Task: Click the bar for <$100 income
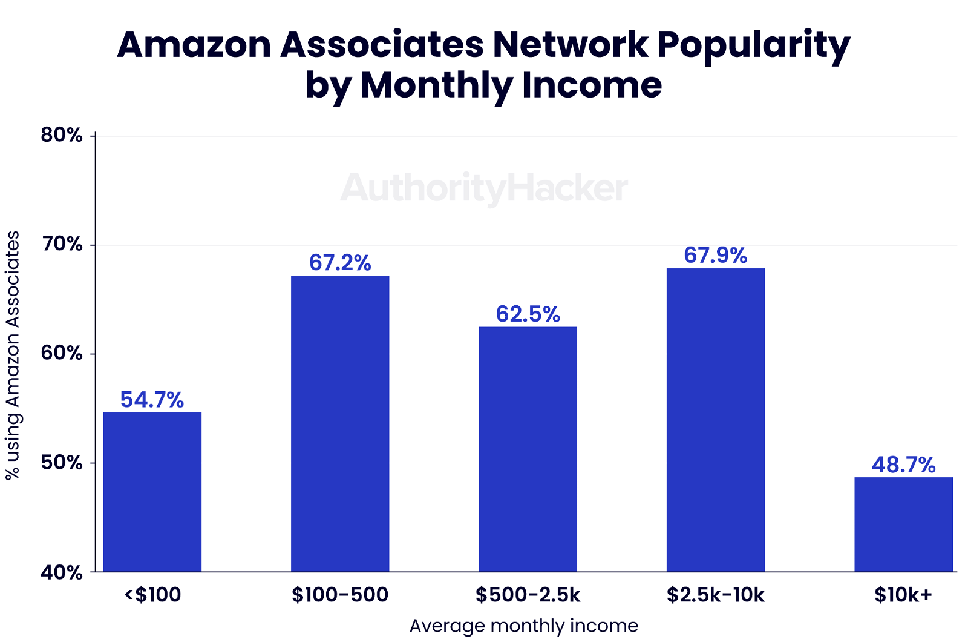pyautogui.click(x=152, y=491)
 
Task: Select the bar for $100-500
pyautogui.click(x=340, y=423)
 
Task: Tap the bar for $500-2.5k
pyautogui.click(x=528, y=449)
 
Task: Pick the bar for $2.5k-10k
pyautogui.click(x=716, y=420)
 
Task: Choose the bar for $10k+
pyautogui.click(x=903, y=524)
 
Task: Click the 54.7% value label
pyautogui.click(x=152, y=400)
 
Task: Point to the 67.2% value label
pyautogui.click(x=340, y=263)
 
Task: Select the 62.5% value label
pyautogui.click(x=528, y=314)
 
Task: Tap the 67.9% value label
pyautogui.click(x=716, y=256)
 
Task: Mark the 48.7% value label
pyautogui.click(x=903, y=465)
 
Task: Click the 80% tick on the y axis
pyautogui.click(x=62, y=135)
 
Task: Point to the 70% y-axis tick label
pyautogui.click(x=62, y=245)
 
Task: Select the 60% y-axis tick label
pyautogui.click(x=62, y=354)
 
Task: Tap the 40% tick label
pyautogui.click(x=62, y=572)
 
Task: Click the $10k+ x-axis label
pyautogui.click(x=903, y=595)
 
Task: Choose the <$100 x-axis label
pyautogui.click(x=152, y=595)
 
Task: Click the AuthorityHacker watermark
pyautogui.click(x=484, y=188)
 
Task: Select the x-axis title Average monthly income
pyautogui.click(x=524, y=626)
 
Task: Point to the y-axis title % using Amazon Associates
pyautogui.click(x=13, y=355)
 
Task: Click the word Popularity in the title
pyautogui.click(x=754, y=45)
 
